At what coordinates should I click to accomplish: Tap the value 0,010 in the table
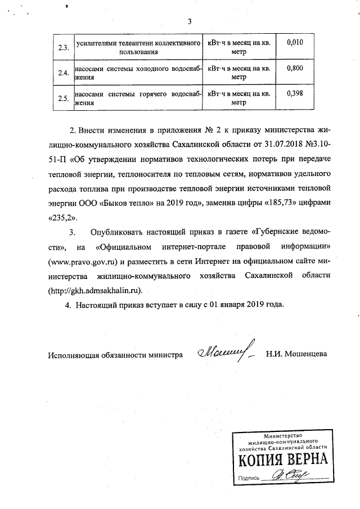pos(294,43)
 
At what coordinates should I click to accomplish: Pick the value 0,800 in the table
pos(294,69)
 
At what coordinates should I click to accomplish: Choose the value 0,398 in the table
pos(294,93)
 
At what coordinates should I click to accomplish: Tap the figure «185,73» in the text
pos(290,201)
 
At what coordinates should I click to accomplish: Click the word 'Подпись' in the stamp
pos(249,478)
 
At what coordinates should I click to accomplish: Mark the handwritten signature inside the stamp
pos(286,476)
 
